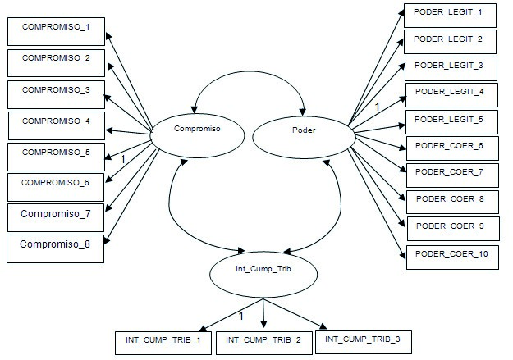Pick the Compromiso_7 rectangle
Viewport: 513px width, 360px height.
click(55, 216)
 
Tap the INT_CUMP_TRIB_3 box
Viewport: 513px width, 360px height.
click(362, 339)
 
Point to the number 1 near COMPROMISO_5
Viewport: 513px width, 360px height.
click(122, 158)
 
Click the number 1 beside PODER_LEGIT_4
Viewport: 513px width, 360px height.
click(377, 107)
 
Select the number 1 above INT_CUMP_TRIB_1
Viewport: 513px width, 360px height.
click(240, 316)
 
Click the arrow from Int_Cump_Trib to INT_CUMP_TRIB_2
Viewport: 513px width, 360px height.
click(263, 312)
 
